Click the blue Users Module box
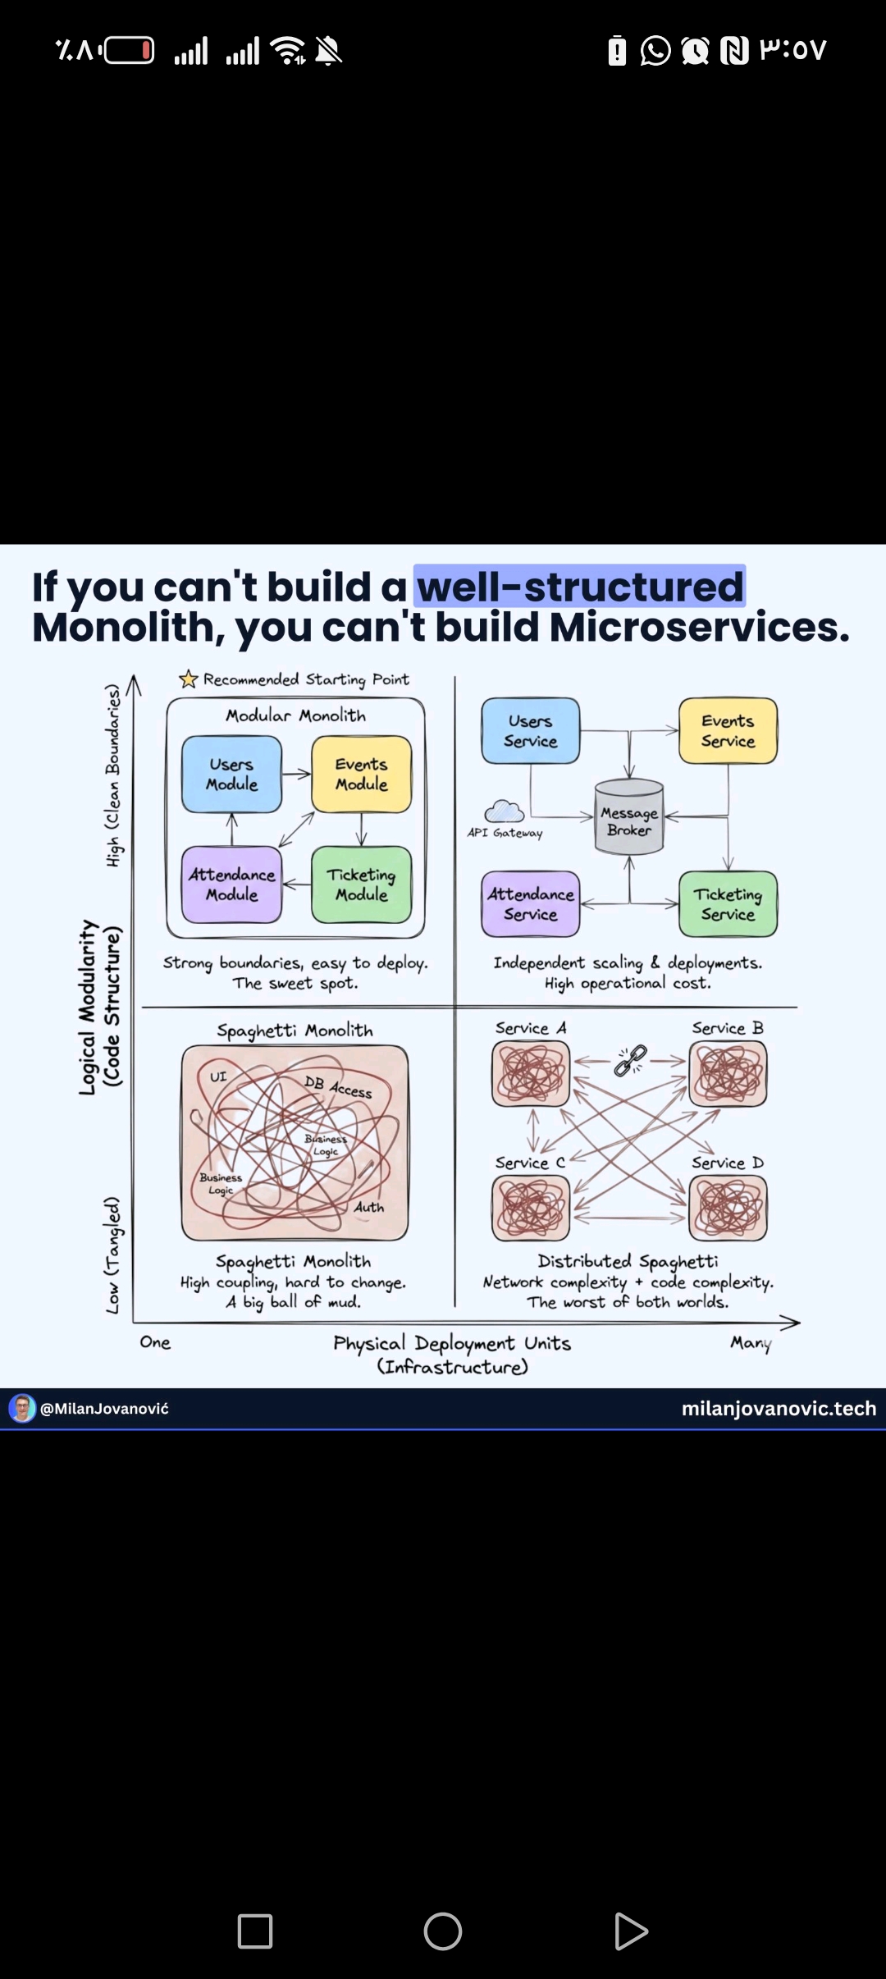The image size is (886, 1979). click(x=231, y=774)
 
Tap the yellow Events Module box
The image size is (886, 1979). click(x=361, y=774)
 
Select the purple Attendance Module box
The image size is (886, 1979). click(x=231, y=884)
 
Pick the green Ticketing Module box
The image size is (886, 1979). click(x=361, y=884)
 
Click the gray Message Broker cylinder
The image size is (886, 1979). click(x=628, y=818)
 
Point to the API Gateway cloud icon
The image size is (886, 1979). click(x=504, y=811)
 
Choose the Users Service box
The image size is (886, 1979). click(x=530, y=731)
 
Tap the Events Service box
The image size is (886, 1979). click(x=728, y=731)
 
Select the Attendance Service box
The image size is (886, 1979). click(x=530, y=904)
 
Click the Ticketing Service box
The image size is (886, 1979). click(x=728, y=904)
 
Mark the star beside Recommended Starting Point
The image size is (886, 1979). click(x=189, y=679)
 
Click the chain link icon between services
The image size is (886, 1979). click(x=630, y=1060)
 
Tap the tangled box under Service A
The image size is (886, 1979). click(x=531, y=1073)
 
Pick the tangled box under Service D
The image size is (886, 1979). click(x=728, y=1208)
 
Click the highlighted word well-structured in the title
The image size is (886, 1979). click(x=580, y=587)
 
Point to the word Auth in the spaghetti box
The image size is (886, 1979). click(x=369, y=1207)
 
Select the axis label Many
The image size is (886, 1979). click(x=751, y=1343)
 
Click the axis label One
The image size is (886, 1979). click(x=155, y=1342)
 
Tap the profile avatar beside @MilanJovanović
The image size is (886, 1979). click(x=22, y=1408)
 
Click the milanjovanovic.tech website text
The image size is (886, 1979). click(x=779, y=1408)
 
